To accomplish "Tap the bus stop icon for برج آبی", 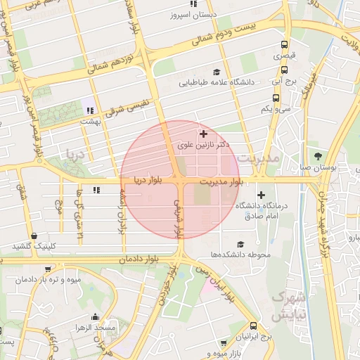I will [x=285, y=70].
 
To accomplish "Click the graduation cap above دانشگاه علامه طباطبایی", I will [x=217, y=71].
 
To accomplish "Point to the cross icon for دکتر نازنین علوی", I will [x=204, y=133].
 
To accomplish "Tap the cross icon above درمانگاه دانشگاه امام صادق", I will [x=262, y=195].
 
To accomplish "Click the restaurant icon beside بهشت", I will [x=89, y=110].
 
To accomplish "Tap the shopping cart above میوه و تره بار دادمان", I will [x=47, y=269].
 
